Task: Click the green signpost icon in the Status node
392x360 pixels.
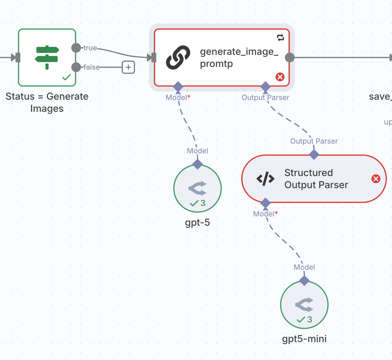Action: (x=47, y=57)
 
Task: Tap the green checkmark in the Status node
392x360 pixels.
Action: (x=66, y=77)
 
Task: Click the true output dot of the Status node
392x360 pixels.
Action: (x=76, y=48)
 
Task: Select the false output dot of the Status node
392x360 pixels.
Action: (x=76, y=67)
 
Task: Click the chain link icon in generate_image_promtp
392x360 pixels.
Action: (x=178, y=58)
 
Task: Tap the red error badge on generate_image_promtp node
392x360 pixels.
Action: (x=280, y=77)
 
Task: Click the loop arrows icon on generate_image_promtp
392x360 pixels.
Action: (x=281, y=38)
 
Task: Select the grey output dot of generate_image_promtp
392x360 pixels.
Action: (x=290, y=58)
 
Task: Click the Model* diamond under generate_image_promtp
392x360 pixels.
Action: (x=178, y=87)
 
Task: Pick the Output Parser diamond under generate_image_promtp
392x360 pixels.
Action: (x=265, y=87)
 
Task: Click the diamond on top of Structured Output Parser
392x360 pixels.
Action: (x=314, y=155)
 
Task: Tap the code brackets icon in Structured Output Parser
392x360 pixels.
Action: (x=265, y=179)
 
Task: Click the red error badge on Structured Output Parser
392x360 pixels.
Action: (x=376, y=179)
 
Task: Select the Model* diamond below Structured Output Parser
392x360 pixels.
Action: (x=265, y=203)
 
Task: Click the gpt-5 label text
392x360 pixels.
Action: (x=198, y=222)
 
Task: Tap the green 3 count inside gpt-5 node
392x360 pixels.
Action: (x=203, y=203)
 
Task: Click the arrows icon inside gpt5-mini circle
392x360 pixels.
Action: (x=304, y=305)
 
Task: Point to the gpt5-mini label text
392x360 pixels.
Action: (x=304, y=339)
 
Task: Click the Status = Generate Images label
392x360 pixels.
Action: (x=47, y=102)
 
